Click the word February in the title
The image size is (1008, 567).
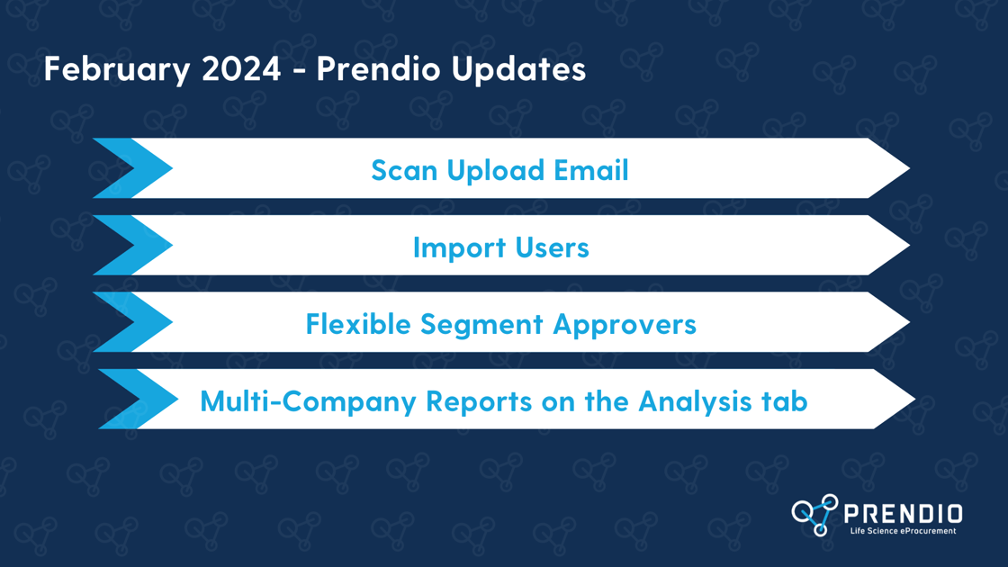click(x=117, y=69)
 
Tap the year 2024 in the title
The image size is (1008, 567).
click(x=241, y=68)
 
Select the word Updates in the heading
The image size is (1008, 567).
click(x=518, y=69)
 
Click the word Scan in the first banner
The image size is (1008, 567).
click(x=404, y=170)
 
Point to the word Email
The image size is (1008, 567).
click(x=590, y=170)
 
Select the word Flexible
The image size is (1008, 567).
click(x=357, y=324)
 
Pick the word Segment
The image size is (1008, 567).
click(x=481, y=325)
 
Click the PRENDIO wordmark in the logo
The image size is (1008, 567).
click(x=904, y=514)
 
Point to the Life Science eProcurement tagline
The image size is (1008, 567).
click(x=904, y=531)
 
